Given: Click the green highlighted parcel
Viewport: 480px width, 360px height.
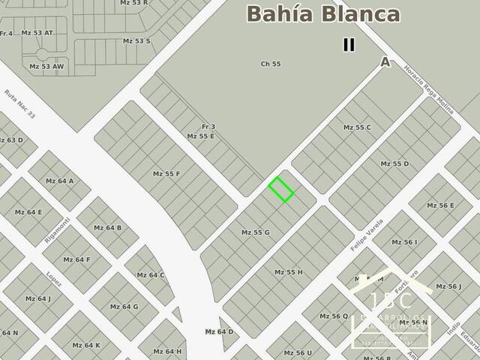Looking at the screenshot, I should (x=281, y=190).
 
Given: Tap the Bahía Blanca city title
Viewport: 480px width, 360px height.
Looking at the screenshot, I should (x=322, y=13).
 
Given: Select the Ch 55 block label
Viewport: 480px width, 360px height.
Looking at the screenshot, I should (x=271, y=64).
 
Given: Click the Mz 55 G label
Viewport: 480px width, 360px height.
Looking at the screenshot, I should (x=255, y=232).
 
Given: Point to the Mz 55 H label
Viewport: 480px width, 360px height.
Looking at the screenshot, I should (x=288, y=271).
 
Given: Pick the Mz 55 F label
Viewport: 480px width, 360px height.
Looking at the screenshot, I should (x=166, y=174).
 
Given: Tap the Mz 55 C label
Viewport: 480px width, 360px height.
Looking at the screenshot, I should (x=357, y=127).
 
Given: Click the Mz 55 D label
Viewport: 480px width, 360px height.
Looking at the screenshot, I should (x=394, y=163).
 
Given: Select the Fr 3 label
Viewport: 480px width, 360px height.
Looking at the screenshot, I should (x=208, y=127).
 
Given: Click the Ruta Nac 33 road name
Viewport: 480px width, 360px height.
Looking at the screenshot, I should (x=20, y=106).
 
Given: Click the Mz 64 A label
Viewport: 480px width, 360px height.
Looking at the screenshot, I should (x=60, y=181).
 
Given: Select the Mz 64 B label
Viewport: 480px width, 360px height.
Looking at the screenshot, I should (x=107, y=227).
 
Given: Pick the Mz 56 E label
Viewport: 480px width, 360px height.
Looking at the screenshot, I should (x=440, y=205).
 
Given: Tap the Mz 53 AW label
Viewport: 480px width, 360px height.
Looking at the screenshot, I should (x=46, y=66).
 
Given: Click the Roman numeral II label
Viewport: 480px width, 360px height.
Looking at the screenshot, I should (x=349, y=45).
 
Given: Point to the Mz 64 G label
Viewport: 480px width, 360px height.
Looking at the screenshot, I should (x=124, y=307).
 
